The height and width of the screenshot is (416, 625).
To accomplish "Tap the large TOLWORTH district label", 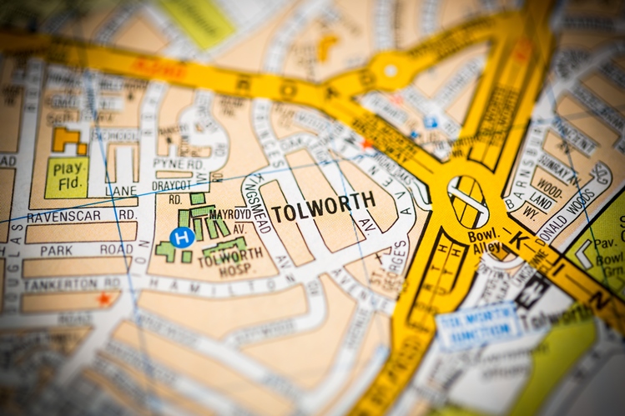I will (x=322, y=208).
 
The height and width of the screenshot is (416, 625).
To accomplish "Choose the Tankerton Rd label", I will (x=71, y=282).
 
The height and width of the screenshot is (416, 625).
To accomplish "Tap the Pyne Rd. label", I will (x=178, y=163).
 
